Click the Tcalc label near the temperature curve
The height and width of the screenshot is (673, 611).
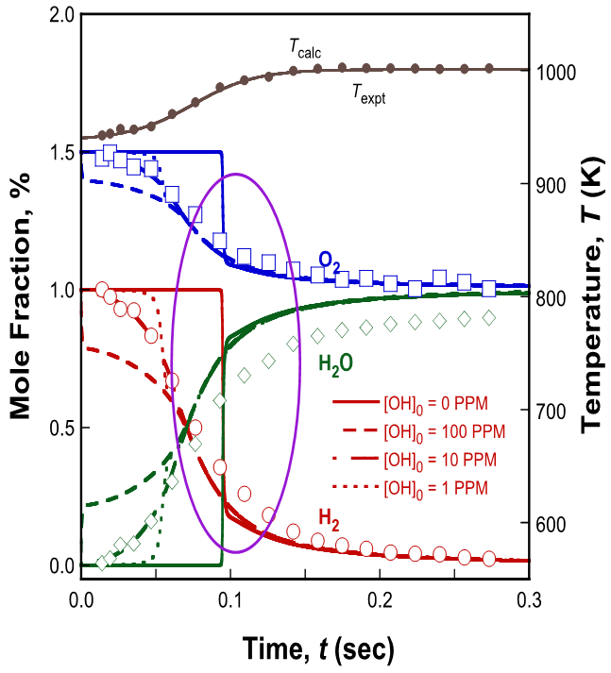[305, 48]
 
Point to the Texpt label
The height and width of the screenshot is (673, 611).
[369, 94]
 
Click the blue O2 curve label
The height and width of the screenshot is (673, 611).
[330, 262]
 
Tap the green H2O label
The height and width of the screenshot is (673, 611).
[335, 365]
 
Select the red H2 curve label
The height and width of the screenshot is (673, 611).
[329, 520]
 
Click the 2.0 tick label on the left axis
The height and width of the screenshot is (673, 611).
[61, 15]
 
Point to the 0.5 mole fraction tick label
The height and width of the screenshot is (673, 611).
[61, 428]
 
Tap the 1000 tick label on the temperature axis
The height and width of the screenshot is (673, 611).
[556, 73]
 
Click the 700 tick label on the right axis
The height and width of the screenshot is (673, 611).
[551, 412]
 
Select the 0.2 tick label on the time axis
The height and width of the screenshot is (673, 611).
[380, 599]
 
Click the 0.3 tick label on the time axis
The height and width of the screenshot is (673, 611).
[529, 599]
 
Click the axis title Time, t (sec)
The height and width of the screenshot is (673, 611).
[318, 648]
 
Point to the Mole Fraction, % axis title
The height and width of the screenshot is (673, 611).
[20, 295]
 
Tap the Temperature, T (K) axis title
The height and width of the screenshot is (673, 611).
[592, 295]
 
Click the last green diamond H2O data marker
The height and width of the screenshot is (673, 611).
[488, 318]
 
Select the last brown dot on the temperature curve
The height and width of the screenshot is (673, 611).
[488, 68]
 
